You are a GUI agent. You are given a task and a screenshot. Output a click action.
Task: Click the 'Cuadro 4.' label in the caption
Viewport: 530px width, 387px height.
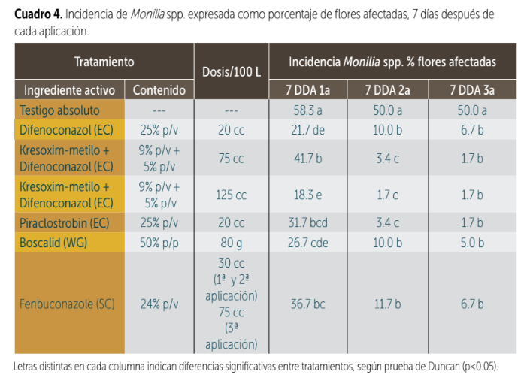[x=38, y=15]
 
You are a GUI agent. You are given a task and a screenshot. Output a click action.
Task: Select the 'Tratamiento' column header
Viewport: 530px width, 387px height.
[x=104, y=62]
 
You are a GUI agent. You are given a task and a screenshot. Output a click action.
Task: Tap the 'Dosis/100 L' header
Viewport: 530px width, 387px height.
[x=232, y=72]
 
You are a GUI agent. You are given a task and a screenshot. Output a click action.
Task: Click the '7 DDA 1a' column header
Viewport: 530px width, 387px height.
[x=309, y=90]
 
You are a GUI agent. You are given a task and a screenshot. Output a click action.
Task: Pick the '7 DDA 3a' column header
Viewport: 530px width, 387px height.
[x=472, y=90]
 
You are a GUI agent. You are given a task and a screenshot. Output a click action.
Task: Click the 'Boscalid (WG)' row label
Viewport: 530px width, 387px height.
[x=51, y=242]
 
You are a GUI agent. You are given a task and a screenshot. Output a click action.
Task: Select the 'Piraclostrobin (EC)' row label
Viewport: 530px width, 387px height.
[x=63, y=223]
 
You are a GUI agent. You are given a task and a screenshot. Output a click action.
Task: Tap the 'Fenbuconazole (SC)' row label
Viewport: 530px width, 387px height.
[x=67, y=304]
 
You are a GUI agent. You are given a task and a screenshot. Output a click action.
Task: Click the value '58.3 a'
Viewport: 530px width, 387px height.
[x=309, y=110]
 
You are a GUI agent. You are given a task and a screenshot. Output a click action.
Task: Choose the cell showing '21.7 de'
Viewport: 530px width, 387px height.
[x=309, y=128]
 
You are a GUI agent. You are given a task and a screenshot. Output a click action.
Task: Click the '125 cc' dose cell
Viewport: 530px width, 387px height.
[x=232, y=195]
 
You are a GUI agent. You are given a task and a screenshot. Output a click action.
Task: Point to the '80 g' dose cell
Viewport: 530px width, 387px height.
[x=232, y=242]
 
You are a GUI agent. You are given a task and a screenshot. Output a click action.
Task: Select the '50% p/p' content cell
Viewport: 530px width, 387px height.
[x=159, y=242]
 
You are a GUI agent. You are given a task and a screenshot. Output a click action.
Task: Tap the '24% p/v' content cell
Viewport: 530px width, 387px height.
[x=159, y=304]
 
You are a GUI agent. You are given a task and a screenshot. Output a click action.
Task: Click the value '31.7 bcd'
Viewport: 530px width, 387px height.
[x=309, y=223]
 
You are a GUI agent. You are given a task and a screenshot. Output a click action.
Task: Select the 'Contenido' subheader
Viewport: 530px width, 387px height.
[x=159, y=90]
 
